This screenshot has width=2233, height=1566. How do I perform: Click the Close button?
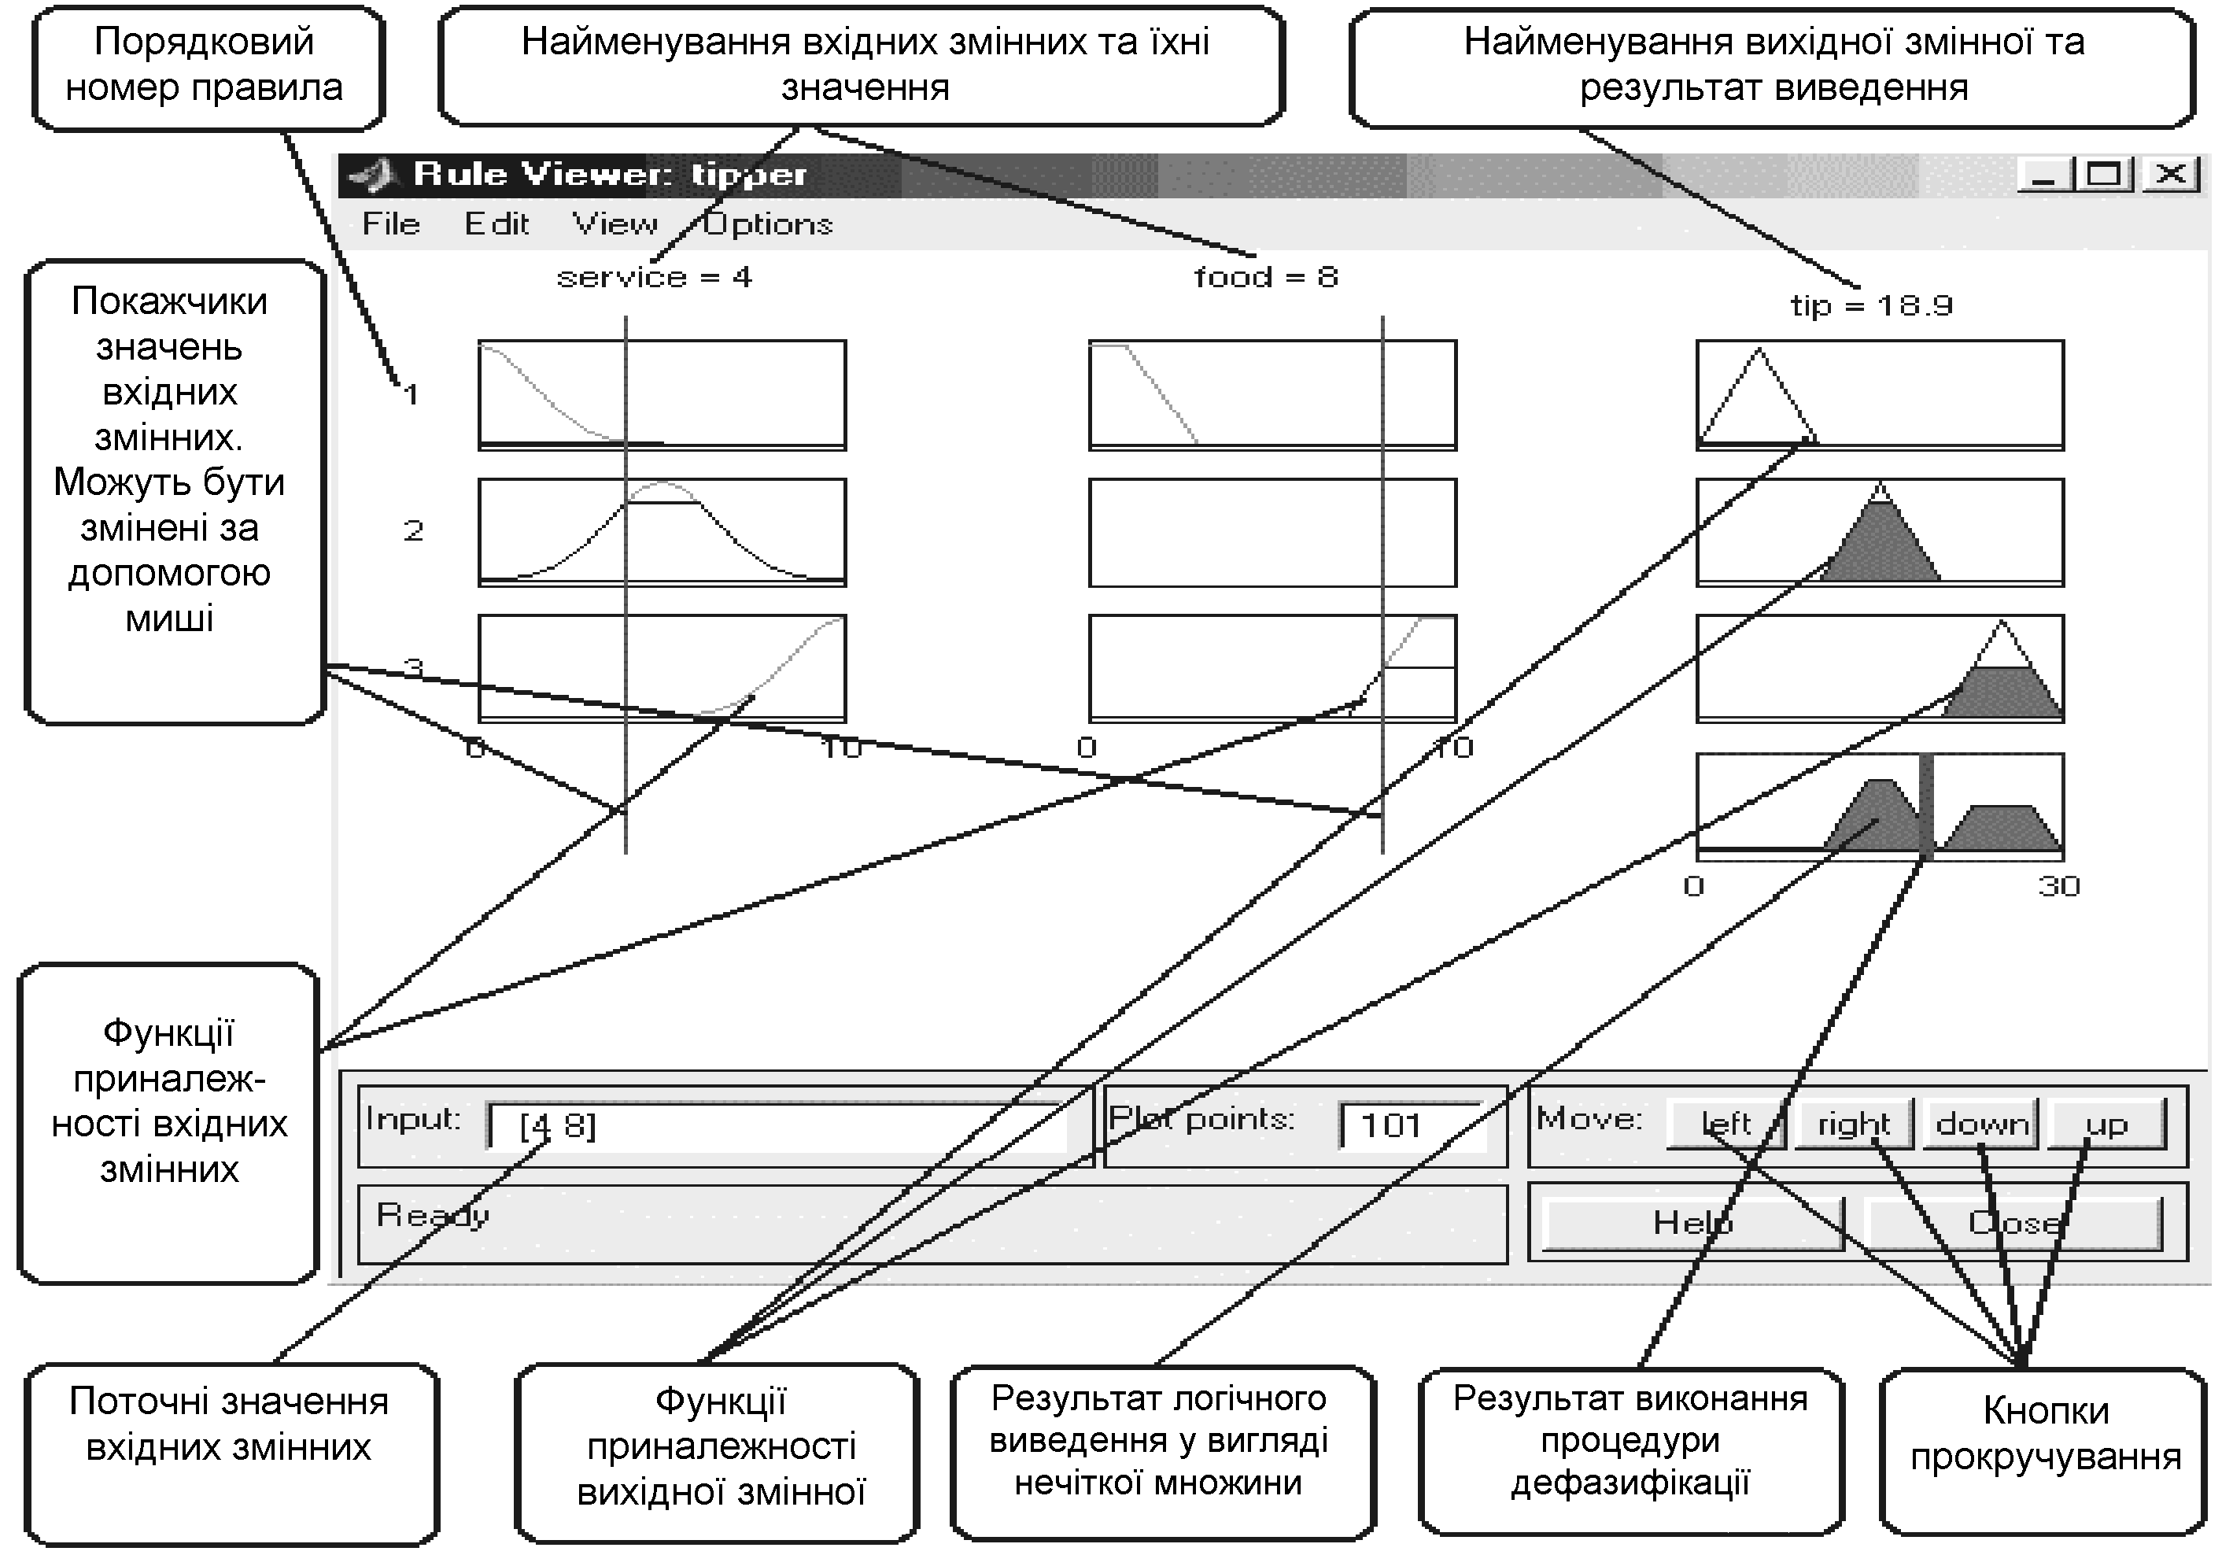2014,1223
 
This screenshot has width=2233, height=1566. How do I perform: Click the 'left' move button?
1725,1125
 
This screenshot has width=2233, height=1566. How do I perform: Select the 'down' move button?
1981,1125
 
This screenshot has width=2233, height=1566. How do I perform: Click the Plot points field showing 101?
1412,1126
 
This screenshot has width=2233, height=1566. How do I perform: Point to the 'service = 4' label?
655,277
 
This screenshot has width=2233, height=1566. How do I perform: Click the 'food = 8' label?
1266,277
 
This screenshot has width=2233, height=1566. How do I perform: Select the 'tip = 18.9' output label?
1872,306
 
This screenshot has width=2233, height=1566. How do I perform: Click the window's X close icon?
2171,175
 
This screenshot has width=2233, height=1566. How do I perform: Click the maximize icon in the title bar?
2105,175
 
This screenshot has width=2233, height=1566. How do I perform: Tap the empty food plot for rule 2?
1272,533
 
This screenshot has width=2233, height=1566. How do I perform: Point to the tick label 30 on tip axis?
2059,886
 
